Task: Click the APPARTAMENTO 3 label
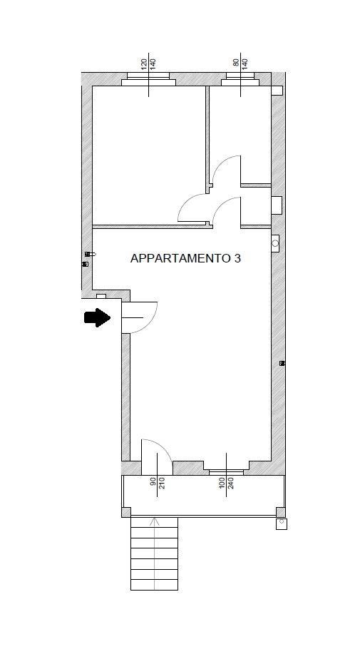click(x=185, y=258)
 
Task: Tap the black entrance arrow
click(x=97, y=317)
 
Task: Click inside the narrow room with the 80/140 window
click(x=240, y=128)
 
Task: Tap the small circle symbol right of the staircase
click(x=282, y=523)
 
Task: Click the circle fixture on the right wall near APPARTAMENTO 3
click(x=275, y=244)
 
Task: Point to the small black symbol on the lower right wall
click(x=282, y=364)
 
